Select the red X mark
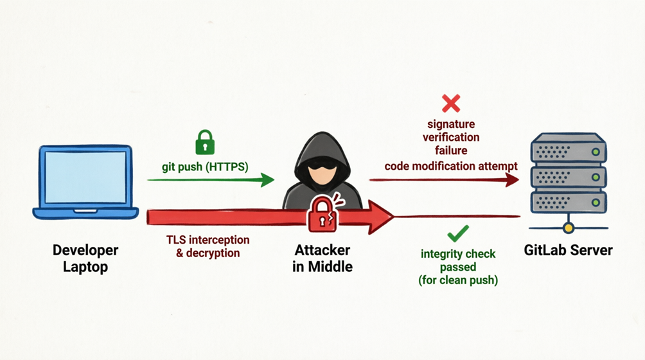pyautogui.click(x=451, y=103)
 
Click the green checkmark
pyautogui.click(x=457, y=232)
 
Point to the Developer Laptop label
pyautogui.click(x=85, y=257)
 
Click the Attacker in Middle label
pyautogui.click(x=322, y=257)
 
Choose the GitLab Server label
pyautogui.click(x=568, y=250)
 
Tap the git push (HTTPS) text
pyautogui.click(x=205, y=166)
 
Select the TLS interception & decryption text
pyautogui.click(x=208, y=246)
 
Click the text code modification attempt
pyautogui.click(x=451, y=166)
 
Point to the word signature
pyautogui.click(x=451, y=123)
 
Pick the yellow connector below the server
pyautogui.click(x=568, y=227)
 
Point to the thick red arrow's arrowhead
pyautogui.click(x=380, y=216)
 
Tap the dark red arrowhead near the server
pyautogui.click(x=512, y=179)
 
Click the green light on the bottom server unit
pyautogui.click(x=596, y=202)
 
